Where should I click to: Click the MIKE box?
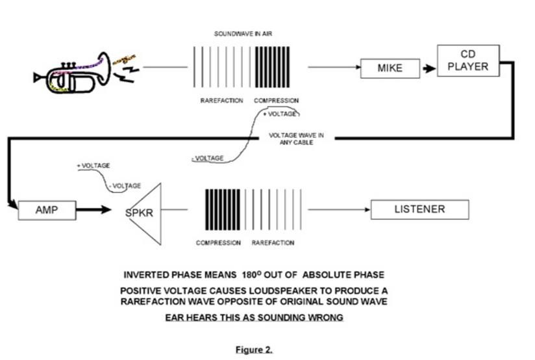point(390,68)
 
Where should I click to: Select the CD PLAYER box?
point(467,60)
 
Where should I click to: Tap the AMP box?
point(47,210)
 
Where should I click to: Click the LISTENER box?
point(419,209)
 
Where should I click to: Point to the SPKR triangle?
point(147,212)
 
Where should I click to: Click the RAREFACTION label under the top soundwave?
point(221,101)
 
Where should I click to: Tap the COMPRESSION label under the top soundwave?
point(276,101)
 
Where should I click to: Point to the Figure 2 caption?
point(254,350)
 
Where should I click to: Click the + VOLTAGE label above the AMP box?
point(93,166)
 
